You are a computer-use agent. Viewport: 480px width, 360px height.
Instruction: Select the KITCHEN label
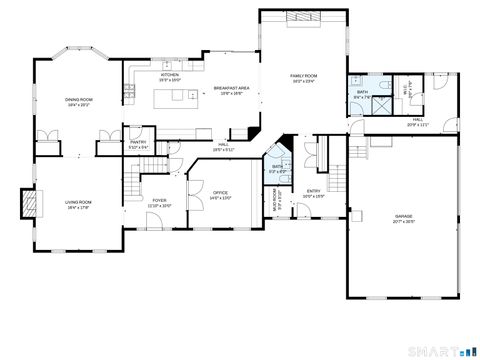pos(170,75)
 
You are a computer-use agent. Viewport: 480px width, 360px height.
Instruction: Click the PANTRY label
pos(139,143)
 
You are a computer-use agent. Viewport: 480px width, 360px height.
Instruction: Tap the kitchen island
pos(174,97)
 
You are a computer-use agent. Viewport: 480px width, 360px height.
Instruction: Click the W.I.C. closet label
pos(407,88)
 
